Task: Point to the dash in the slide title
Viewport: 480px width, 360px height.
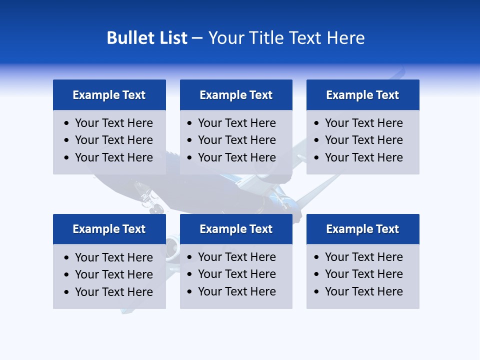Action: pos(197,38)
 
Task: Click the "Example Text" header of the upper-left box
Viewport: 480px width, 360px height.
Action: pos(109,95)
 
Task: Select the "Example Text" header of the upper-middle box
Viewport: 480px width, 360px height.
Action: pos(236,95)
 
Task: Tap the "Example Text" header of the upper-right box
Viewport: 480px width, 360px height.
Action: pos(362,95)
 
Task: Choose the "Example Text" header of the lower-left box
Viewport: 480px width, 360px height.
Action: pos(109,229)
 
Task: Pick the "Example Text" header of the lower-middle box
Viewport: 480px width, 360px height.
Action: pos(236,229)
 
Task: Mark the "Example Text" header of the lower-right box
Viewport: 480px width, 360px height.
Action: pos(362,229)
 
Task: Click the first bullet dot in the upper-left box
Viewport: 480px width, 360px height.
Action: pos(67,123)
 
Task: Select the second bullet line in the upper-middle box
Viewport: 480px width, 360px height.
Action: pos(236,140)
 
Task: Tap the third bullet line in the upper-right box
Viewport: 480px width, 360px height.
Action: pos(363,157)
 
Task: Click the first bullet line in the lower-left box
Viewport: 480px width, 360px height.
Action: pos(113,257)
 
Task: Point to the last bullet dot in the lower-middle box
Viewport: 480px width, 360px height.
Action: pos(190,291)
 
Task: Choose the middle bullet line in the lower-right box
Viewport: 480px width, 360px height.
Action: pos(363,274)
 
